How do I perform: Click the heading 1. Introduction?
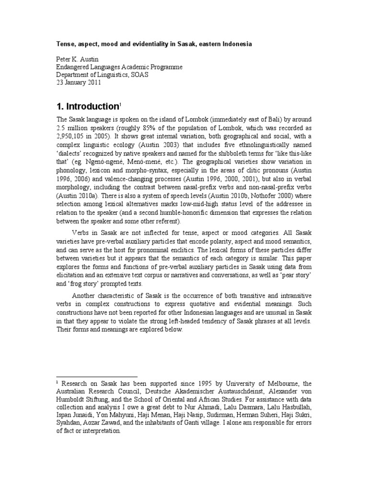click(x=87, y=106)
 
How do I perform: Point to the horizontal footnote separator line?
click(x=97, y=377)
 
